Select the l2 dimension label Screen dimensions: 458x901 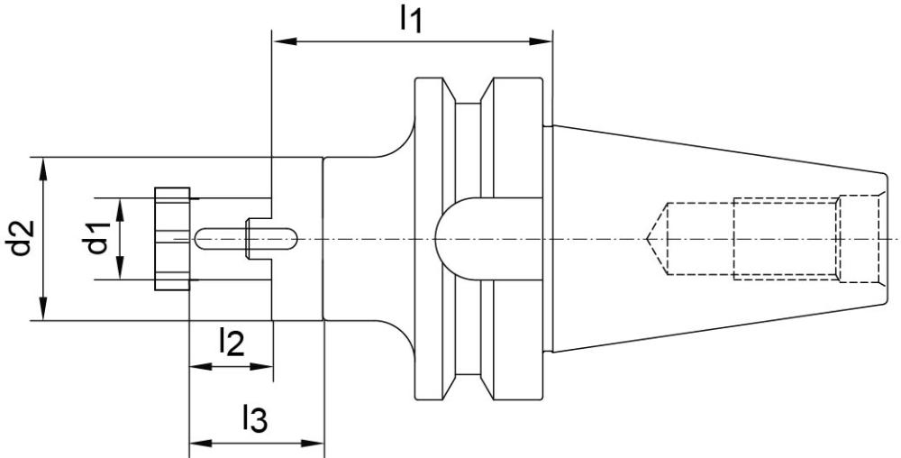232,343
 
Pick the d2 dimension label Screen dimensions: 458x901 21,238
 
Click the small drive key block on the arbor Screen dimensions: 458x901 258,239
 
